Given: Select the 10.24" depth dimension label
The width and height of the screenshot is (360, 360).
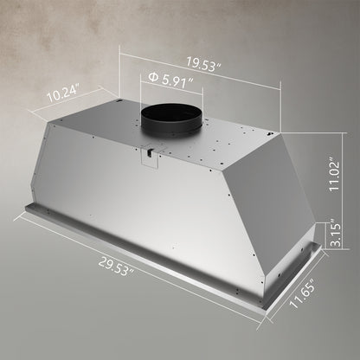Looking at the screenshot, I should [63, 90].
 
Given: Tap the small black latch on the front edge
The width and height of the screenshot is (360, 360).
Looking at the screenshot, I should [151, 153].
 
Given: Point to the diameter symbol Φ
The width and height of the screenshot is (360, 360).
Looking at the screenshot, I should [153, 79].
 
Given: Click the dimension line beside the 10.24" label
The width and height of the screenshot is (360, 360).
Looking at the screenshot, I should [61, 102].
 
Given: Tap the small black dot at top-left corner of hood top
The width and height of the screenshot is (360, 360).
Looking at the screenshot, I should [120, 106].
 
